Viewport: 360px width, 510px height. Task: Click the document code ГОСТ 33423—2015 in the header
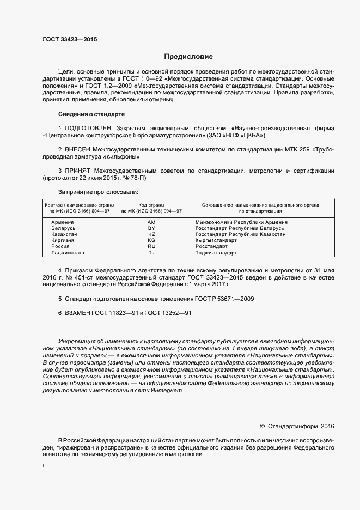click(70, 39)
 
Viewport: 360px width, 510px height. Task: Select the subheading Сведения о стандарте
click(91, 114)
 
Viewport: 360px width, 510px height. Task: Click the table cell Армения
click(62, 222)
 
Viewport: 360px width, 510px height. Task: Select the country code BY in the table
click(151, 228)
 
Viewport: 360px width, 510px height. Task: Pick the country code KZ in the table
click(151, 234)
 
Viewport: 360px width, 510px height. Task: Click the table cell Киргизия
click(63, 240)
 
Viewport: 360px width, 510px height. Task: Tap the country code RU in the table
click(151, 246)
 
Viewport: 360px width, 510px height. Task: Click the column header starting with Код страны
click(151, 208)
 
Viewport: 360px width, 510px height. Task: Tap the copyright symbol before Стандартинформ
click(262, 426)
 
